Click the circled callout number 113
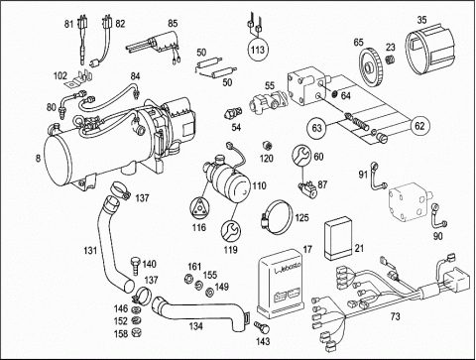(258, 50)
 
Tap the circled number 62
(419, 126)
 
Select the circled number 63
(317, 127)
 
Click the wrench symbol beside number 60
(300, 156)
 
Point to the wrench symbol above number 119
(230, 230)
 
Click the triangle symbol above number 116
(199, 210)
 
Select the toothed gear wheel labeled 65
(372, 67)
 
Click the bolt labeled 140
(135, 266)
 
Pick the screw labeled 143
(263, 328)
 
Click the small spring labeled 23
(391, 60)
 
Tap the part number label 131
(89, 250)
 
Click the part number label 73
(395, 316)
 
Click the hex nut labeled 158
(136, 332)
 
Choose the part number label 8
(38, 159)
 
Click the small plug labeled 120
(267, 145)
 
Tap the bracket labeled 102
(79, 79)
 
